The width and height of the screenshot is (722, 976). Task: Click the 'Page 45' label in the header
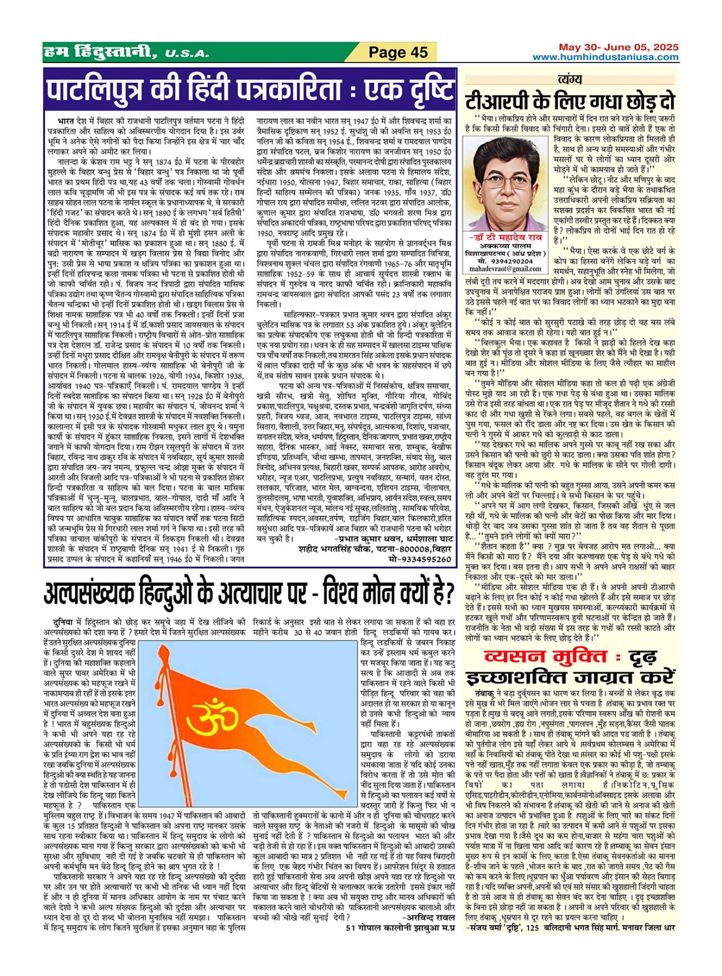tap(399, 52)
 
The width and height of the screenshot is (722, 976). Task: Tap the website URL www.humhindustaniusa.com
tap(606, 57)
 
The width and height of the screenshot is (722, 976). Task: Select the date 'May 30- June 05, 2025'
tap(618, 47)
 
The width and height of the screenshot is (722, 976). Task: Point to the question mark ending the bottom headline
tap(449, 593)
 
